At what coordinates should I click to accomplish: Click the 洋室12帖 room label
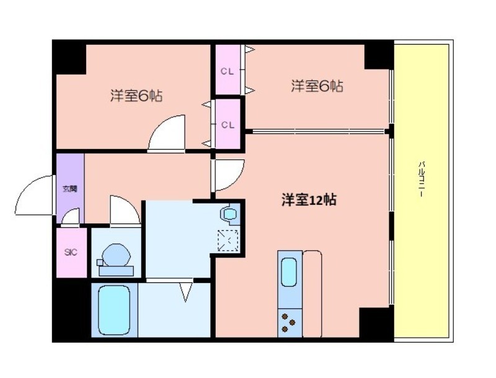point(309,200)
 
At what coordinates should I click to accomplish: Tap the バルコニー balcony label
point(422,179)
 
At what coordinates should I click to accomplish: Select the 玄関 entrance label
point(70,189)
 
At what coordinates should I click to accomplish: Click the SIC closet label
point(71,253)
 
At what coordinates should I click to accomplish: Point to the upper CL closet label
point(228,71)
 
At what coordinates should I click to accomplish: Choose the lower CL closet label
point(228,125)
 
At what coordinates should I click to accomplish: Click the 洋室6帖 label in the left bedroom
point(136,96)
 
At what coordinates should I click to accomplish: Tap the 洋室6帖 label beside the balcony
point(317,86)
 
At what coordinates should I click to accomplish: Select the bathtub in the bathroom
point(114,309)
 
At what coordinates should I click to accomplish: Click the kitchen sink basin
point(289,272)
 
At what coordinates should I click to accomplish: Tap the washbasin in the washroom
point(229,214)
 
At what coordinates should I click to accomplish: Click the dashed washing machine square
point(228,241)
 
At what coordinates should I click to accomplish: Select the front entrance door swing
point(34,196)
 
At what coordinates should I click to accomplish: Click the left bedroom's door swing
point(166,133)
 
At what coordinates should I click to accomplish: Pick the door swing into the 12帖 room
point(228,175)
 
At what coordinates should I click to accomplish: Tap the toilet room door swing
point(125,211)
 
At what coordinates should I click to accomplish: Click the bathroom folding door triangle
point(186,291)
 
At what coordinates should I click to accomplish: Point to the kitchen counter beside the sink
point(312,294)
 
